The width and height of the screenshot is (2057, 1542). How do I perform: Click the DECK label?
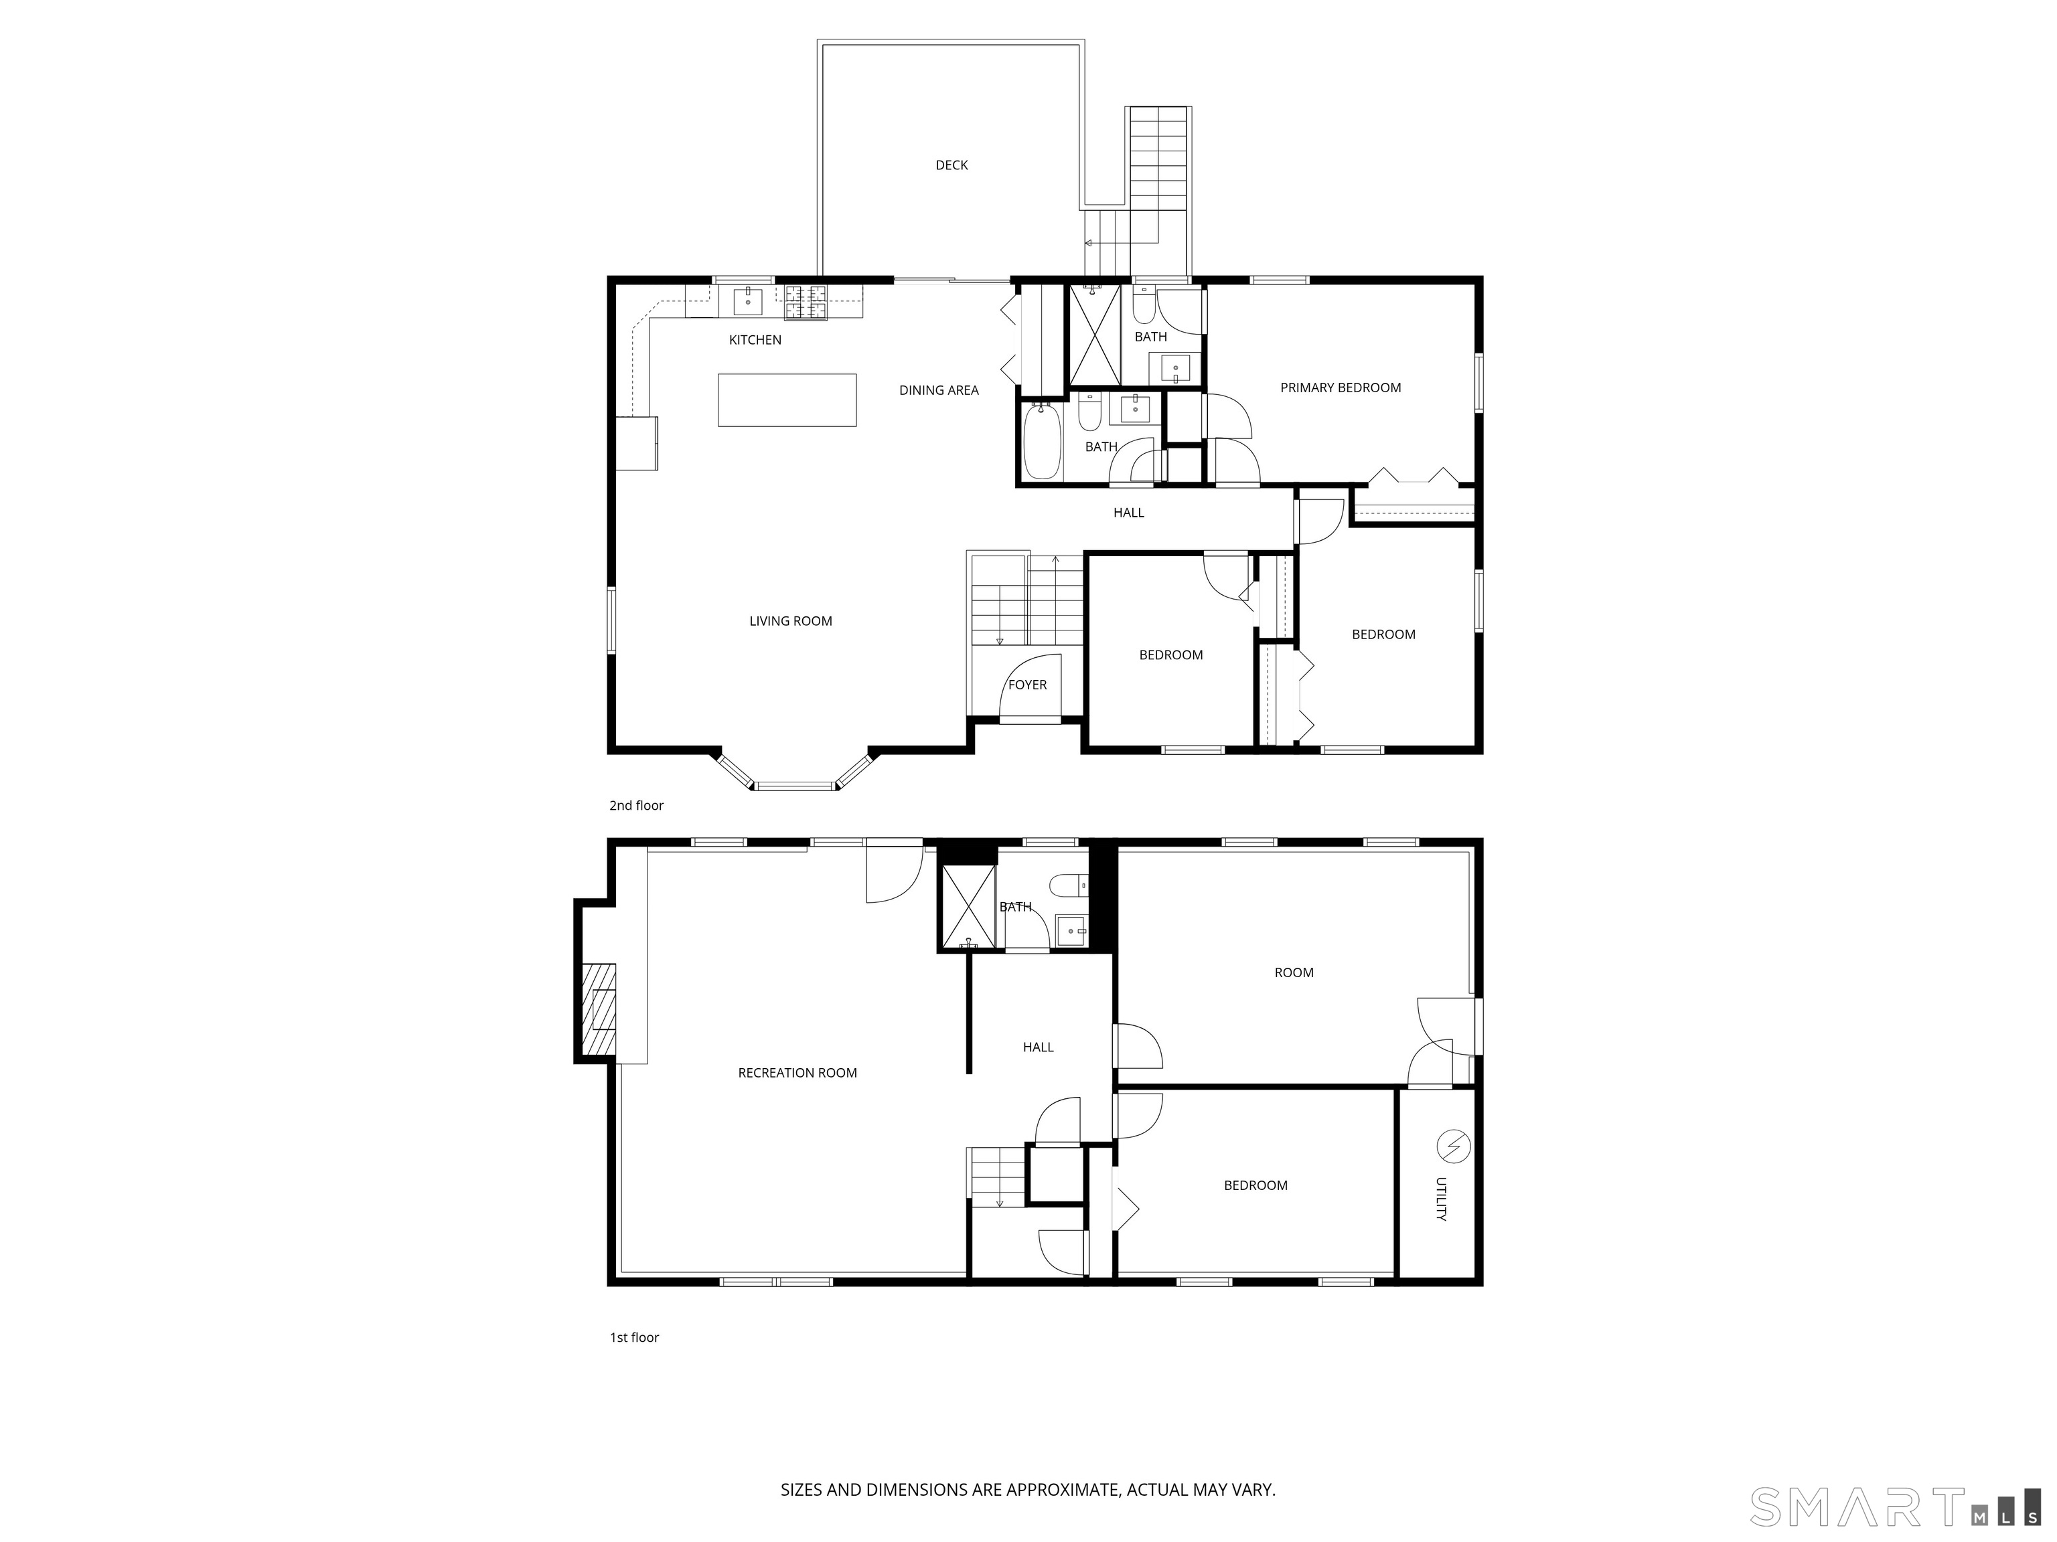[x=951, y=165]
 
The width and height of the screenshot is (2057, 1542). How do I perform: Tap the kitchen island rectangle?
[x=787, y=400]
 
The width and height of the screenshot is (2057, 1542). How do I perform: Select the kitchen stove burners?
[x=806, y=301]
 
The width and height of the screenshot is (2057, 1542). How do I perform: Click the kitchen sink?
[x=748, y=301]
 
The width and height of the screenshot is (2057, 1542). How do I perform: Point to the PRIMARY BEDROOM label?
[x=1340, y=388]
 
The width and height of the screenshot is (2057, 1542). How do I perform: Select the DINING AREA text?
[x=938, y=390]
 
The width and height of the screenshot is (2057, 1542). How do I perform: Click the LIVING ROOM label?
[x=790, y=621]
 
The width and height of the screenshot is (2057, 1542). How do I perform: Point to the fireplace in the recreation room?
[x=600, y=1011]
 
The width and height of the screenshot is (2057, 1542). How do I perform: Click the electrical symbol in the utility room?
[x=1452, y=1147]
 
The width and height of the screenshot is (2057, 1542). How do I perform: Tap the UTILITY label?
[x=1440, y=1200]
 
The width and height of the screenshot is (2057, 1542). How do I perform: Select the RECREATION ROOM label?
[x=797, y=1073]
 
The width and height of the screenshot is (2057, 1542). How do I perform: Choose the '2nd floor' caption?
[x=636, y=806]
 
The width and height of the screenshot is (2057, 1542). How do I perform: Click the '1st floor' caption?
[x=634, y=1337]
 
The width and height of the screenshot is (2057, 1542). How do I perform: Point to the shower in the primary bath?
[x=1095, y=335]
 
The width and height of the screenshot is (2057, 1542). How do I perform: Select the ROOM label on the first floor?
[x=1294, y=973]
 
